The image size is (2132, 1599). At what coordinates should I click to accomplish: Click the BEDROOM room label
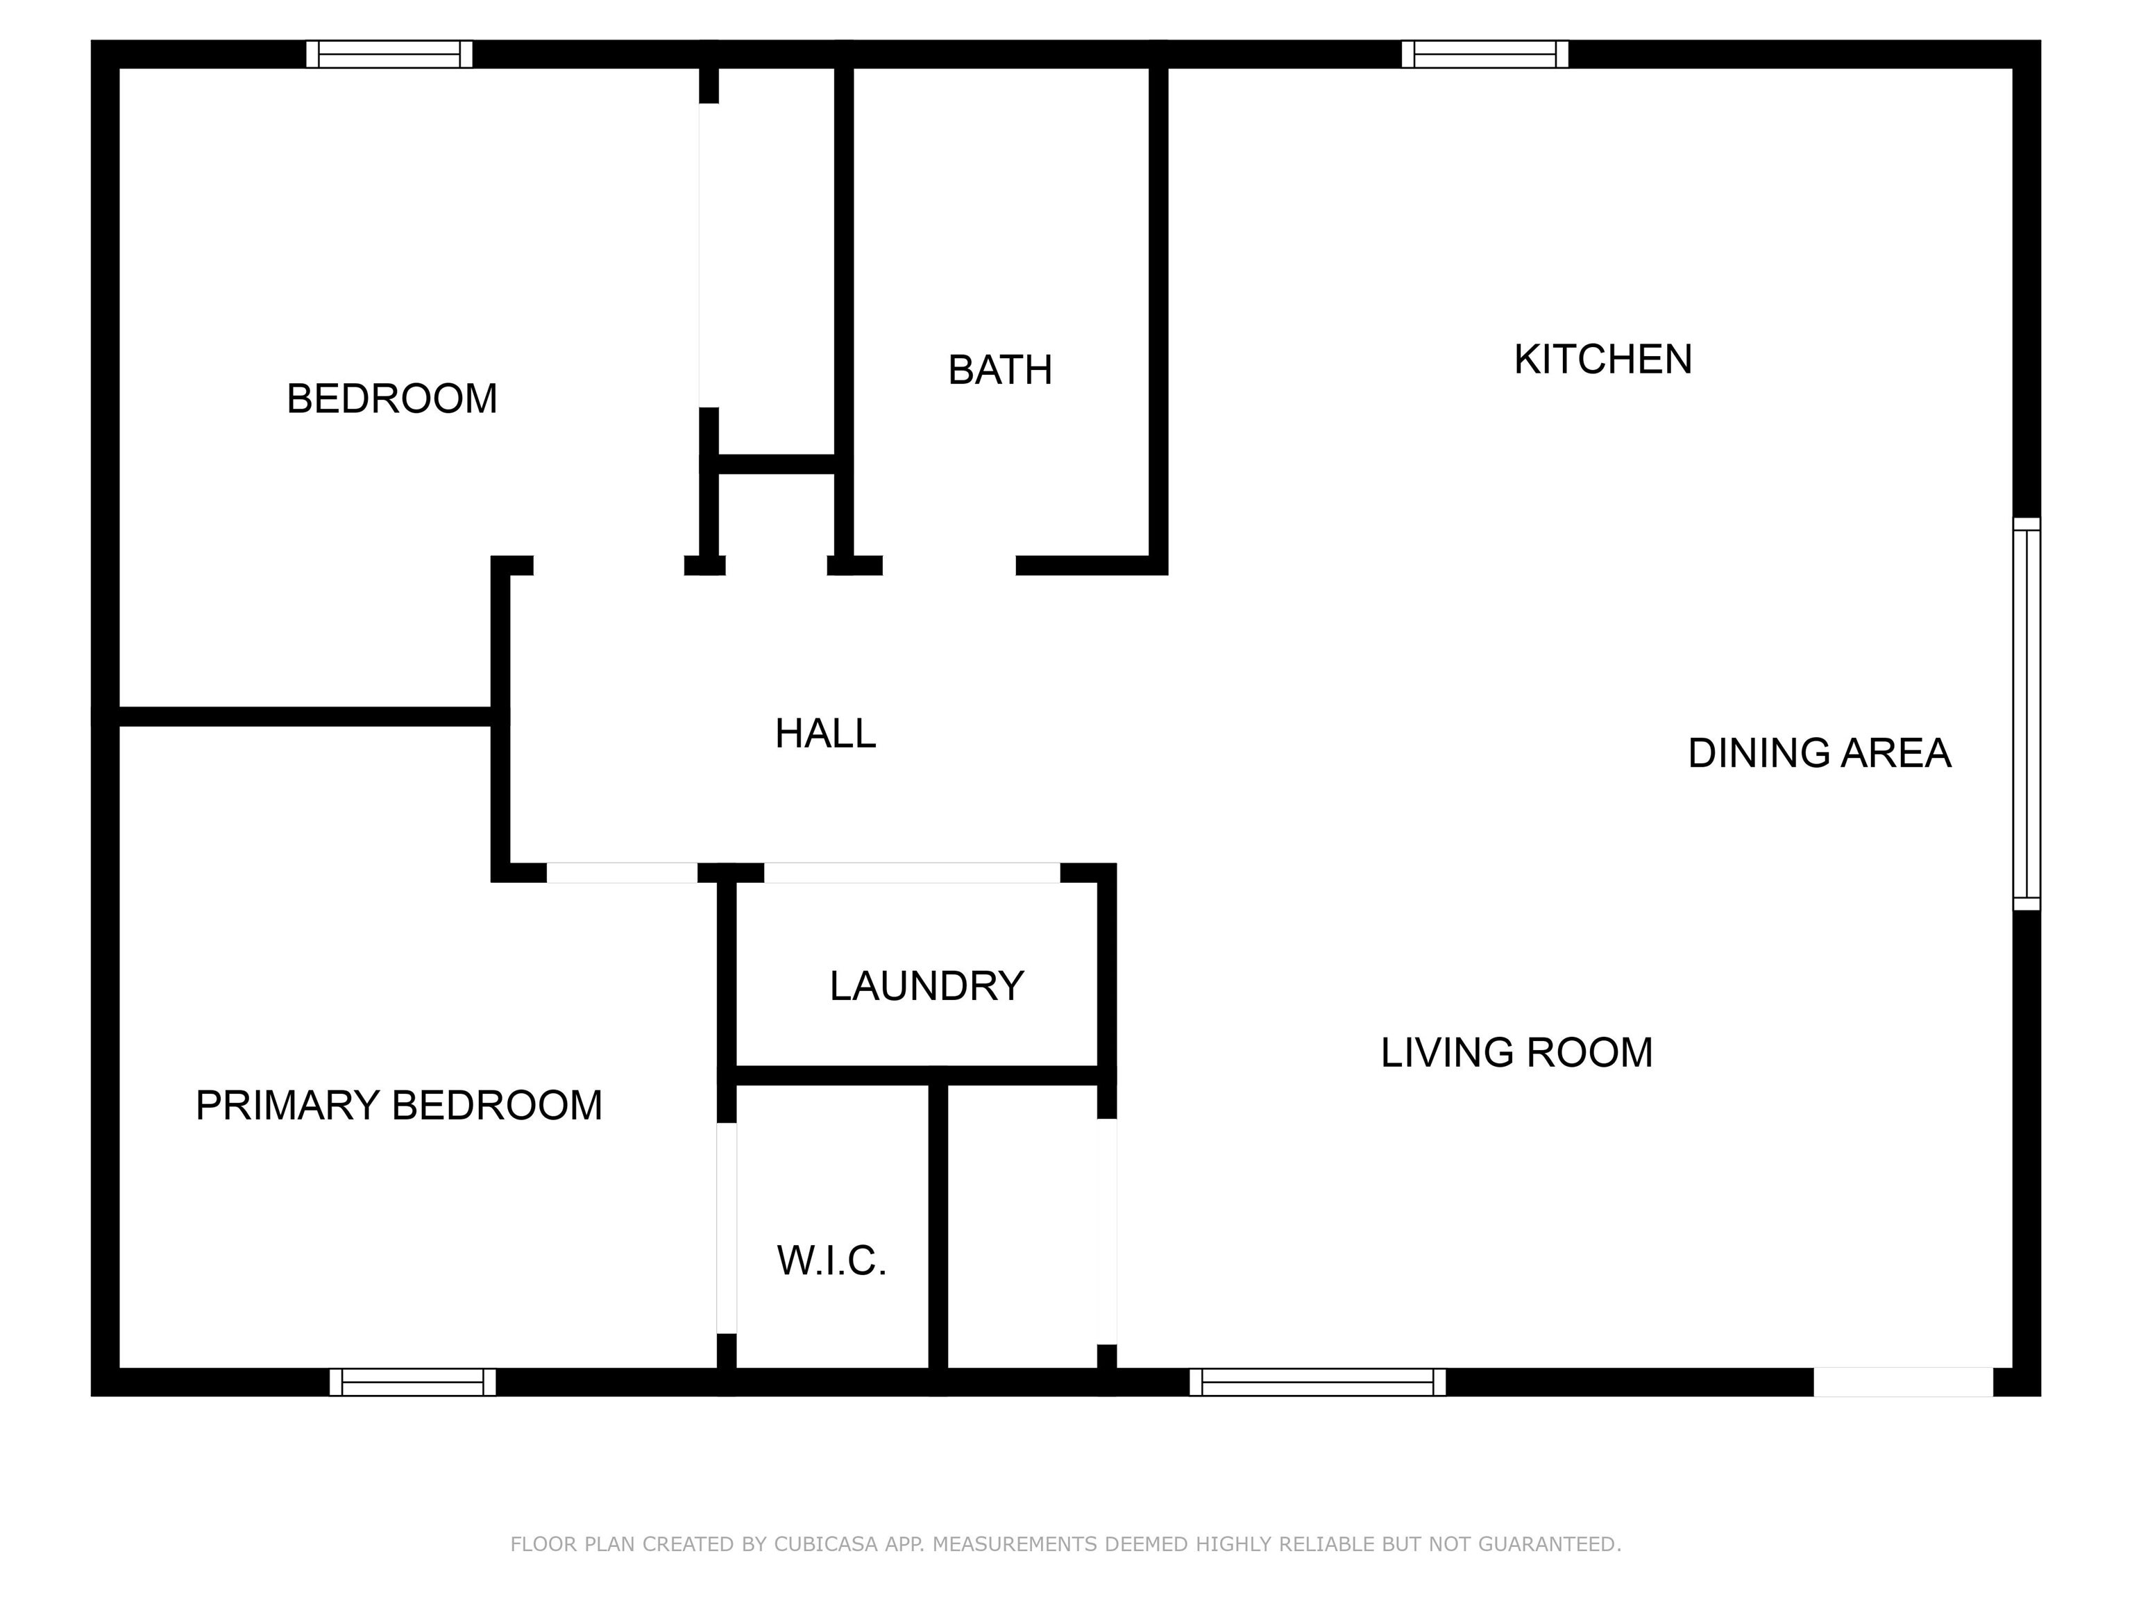pyautogui.click(x=391, y=399)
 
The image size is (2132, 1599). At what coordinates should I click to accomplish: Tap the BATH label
pyautogui.click(x=999, y=370)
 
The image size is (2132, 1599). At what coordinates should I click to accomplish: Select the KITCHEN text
pyautogui.click(x=1602, y=359)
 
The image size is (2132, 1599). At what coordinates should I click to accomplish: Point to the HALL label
pyautogui.click(x=825, y=734)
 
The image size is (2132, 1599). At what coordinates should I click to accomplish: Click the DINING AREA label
pyautogui.click(x=1819, y=753)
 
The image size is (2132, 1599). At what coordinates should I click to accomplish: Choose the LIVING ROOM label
pyautogui.click(x=1516, y=1053)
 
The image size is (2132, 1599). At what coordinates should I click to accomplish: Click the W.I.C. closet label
pyautogui.click(x=831, y=1261)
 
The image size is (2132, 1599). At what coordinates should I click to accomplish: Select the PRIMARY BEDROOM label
pyautogui.click(x=398, y=1106)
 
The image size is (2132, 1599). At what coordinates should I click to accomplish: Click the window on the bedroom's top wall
pyautogui.click(x=389, y=54)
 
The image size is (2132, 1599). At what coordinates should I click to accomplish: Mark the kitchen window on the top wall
pyautogui.click(x=1484, y=54)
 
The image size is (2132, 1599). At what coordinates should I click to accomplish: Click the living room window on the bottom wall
pyautogui.click(x=1317, y=1382)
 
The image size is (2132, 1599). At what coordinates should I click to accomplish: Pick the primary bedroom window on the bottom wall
pyautogui.click(x=412, y=1382)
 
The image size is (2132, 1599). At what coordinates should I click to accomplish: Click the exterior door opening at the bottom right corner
pyautogui.click(x=1902, y=1382)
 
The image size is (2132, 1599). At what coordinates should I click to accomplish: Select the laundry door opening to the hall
pyautogui.click(x=912, y=872)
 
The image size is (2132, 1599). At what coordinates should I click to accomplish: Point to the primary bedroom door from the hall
pyautogui.click(x=622, y=872)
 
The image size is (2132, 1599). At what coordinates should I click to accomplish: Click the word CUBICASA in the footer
pyautogui.click(x=825, y=1544)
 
